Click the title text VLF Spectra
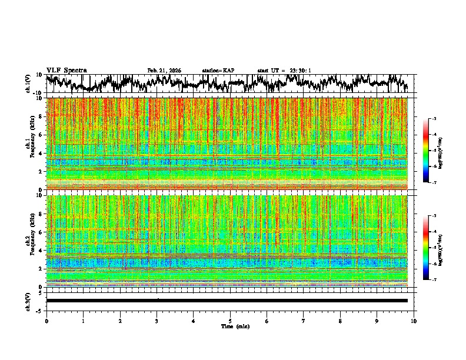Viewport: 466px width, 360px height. (x=66, y=70)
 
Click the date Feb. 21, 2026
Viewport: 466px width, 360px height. (x=164, y=71)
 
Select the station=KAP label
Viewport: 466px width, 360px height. (x=218, y=71)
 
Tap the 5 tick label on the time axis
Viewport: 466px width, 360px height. (x=230, y=321)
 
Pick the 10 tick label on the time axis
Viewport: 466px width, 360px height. (x=414, y=321)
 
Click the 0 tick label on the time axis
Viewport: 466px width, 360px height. (x=46, y=321)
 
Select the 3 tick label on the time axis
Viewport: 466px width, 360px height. (x=157, y=321)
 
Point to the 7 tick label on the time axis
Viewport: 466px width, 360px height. (x=304, y=321)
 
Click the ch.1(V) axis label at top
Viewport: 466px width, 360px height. (x=29, y=84)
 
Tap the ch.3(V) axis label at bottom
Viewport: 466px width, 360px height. (x=29, y=300)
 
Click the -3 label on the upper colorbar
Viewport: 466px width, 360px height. (x=434, y=119)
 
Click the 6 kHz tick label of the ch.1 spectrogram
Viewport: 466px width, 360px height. (x=42, y=135)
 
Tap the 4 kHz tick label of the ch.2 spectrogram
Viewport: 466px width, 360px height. (x=42, y=251)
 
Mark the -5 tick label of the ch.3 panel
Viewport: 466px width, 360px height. (x=40, y=309)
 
